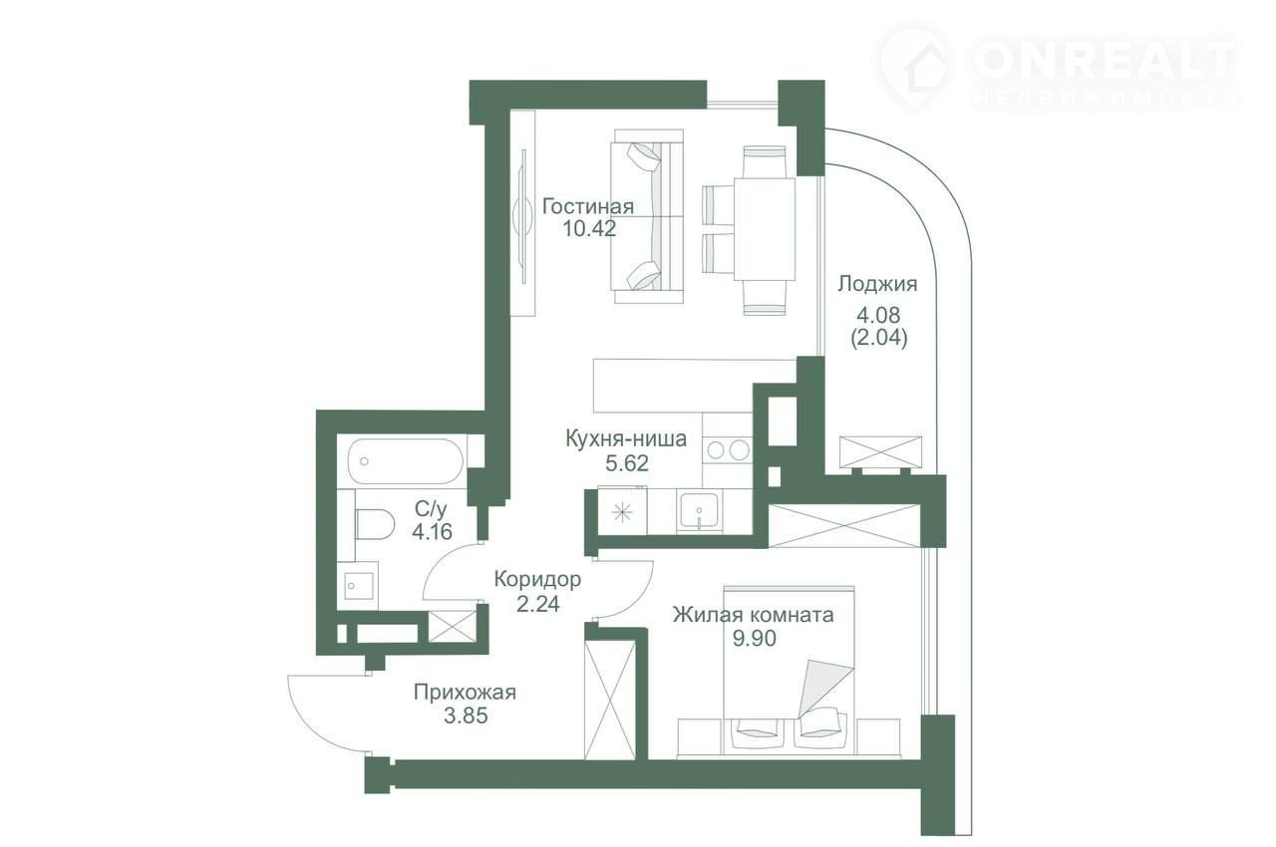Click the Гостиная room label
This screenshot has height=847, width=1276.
(588, 206)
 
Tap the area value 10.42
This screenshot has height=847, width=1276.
(589, 229)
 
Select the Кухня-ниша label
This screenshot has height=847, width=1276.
(626, 438)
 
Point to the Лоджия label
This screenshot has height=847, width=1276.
(877, 283)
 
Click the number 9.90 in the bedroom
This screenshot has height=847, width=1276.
(755, 638)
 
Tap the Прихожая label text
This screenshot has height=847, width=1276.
(465, 693)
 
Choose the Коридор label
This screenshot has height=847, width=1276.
(537, 580)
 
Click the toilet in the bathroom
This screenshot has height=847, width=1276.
(375, 524)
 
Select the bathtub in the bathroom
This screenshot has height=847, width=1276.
(407, 461)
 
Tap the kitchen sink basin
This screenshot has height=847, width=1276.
(699, 510)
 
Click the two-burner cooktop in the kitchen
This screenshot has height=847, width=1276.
(728, 450)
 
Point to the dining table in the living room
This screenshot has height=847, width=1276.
(764, 229)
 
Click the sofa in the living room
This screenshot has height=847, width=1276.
(647, 216)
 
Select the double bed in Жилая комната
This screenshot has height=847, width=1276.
(789, 671)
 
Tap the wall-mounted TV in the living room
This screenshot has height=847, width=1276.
(523, 215)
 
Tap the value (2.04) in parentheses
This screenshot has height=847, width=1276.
(878, 338)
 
